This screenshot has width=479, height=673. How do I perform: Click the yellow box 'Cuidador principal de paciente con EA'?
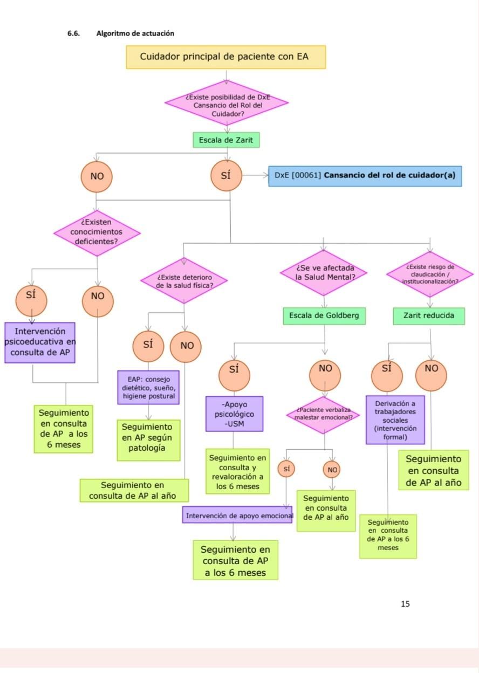[x=225, y=57]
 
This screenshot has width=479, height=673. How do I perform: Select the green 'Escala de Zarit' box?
[x=226, y=140]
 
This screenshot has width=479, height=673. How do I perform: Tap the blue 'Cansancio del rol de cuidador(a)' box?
[x=365, y=176]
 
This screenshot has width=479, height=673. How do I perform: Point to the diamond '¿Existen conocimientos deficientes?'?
[x=97, y=233]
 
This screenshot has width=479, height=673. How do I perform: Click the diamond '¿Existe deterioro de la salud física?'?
[x=184, y=280]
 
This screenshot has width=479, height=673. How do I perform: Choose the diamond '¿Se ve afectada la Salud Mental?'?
[x=324, y=273]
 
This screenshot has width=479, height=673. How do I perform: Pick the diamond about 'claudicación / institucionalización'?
[x=430, y=274]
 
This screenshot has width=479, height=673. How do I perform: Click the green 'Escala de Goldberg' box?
[x=324, y=316]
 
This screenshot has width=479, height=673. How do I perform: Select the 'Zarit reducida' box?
[x=429, y=316]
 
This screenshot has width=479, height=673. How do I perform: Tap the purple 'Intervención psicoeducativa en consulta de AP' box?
[x=40, y=342]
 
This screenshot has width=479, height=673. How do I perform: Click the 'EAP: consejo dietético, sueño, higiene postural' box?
[x=148, y=387]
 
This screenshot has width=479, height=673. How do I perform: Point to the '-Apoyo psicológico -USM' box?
[x=234, y=414]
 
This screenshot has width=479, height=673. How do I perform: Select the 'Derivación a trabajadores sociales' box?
[x=395, y=420]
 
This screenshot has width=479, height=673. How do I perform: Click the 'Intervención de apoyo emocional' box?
[x=237, y=516]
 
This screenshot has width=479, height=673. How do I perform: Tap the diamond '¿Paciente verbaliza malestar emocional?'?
[x=323, y=415]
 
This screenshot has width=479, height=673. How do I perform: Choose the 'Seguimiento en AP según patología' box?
[x=148, y=440]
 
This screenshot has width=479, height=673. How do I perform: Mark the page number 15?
[x=405, y=603]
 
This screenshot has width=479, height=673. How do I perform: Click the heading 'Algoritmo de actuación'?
[x=135, y=33]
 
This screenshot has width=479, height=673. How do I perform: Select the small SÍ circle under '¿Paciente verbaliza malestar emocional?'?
[x=286, y=469]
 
